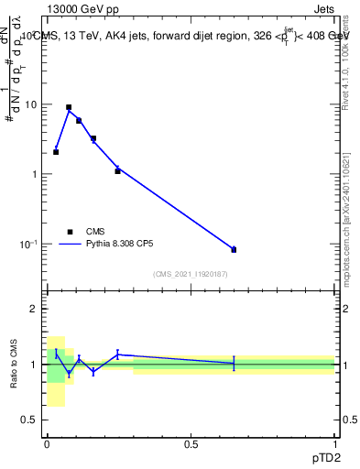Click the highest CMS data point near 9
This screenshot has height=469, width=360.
69,107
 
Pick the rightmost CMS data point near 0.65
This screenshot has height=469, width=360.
234,249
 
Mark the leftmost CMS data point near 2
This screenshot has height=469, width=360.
56,152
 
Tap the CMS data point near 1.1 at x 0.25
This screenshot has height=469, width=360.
117,171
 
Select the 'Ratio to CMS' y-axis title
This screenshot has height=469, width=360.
14,365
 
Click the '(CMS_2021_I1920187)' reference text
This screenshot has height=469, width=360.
191,274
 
